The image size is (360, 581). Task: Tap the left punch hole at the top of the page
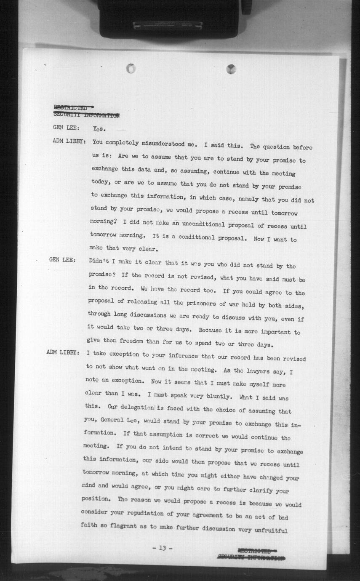pyautogui.click(x=131, y=68)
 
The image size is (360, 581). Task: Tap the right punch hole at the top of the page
pyautogui.click(x=231, y=69)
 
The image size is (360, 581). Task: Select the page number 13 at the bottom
pyautogui.click(x=162, y=548)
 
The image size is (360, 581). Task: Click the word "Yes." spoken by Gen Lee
pyautogui.click(x=99, y=128)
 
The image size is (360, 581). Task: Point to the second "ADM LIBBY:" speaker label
pyautogui.click(x=63, y=353)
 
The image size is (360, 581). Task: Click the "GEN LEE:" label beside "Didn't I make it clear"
pyautogui.click(x=62, y=260)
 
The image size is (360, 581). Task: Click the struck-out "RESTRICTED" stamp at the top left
pyautogui.click(x=71, y=108)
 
